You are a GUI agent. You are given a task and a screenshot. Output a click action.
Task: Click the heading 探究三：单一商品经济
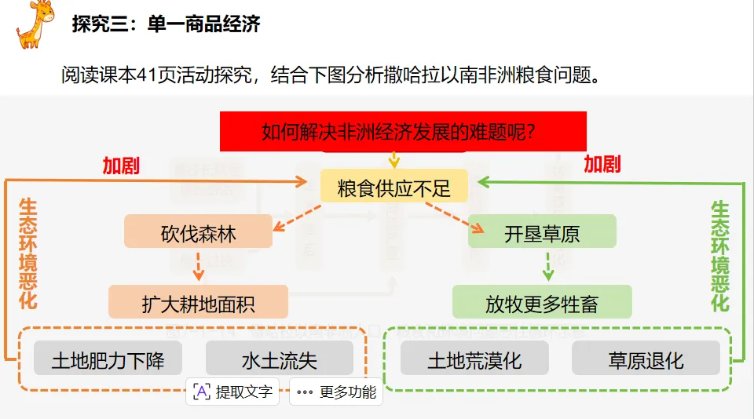pyautogui.click(x=166, y=24)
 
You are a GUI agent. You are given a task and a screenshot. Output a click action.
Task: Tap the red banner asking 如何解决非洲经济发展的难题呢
pyautogui.click(x=403, y=130)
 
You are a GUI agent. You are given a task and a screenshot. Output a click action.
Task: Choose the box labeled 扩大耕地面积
pyautogui.click(x=198, y=302)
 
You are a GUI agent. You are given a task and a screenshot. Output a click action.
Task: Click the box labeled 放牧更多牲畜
pyautogui.click(x=541, y=302)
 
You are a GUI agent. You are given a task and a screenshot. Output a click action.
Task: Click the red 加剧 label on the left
pyautogui.click(x=121, y=165)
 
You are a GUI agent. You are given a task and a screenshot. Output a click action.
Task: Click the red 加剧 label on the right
pyautogui.click(x=602, y=163)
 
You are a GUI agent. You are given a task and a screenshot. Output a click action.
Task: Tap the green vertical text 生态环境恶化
pyautogui.click(x=719, y=256)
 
